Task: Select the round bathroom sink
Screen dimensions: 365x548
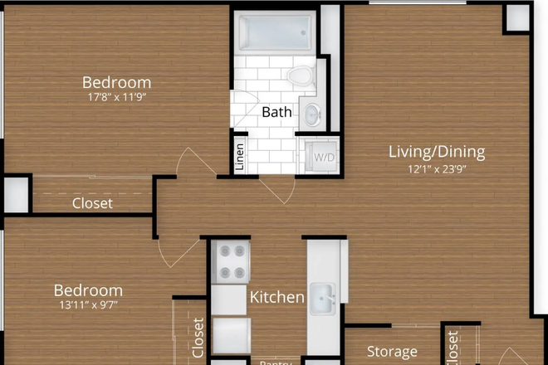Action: (311, 114)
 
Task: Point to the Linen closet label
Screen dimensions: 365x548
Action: (240, 157)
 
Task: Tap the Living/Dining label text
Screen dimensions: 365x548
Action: (437, 152)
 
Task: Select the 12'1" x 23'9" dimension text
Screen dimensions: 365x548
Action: (437, 169)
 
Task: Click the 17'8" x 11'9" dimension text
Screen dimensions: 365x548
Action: (116, 97)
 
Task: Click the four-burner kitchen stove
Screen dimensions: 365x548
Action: (230, 262)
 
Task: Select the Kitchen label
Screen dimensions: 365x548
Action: (277, 296)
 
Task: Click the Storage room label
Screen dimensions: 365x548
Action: (392, 352)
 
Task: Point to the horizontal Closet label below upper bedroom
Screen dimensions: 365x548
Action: (92, 202)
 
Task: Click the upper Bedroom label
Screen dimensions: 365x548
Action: (116, 82)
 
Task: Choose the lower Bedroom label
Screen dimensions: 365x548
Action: (88, 290)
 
